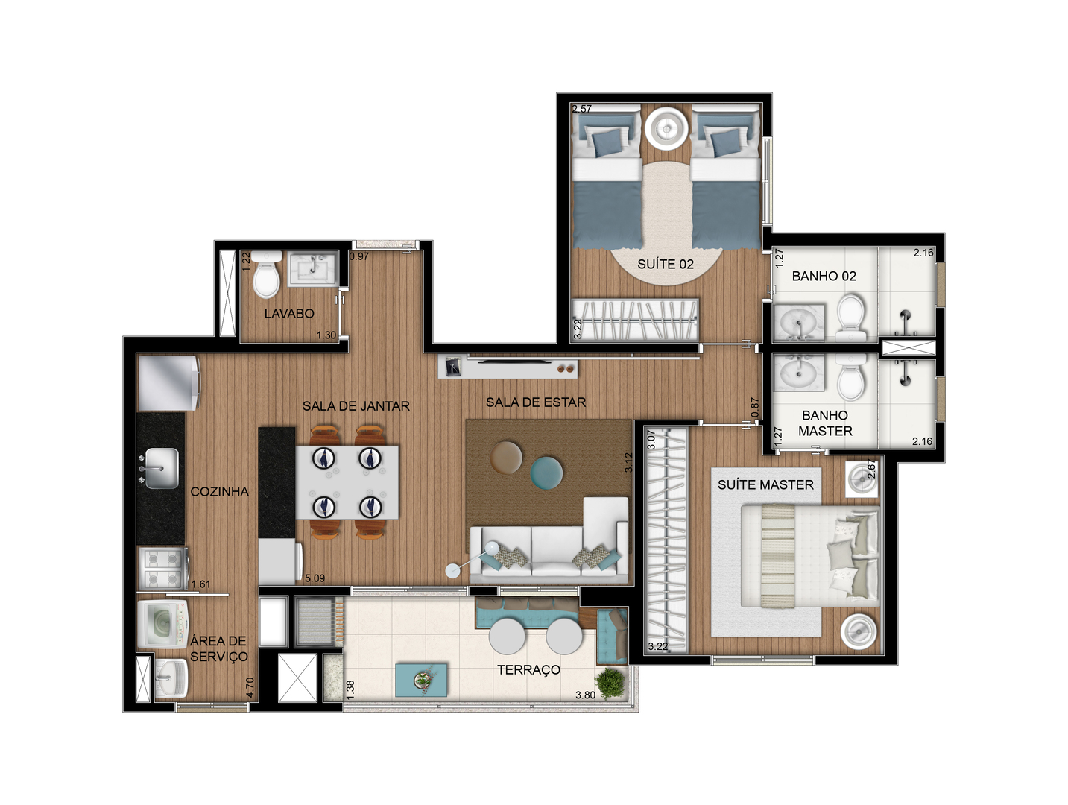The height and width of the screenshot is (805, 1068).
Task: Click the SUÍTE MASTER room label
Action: tap(765, 485)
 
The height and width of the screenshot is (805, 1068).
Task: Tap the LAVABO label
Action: tap(289, 314)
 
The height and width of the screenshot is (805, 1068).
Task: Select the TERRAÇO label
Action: tap(529, 670)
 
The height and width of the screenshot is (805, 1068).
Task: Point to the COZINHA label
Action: tap(219, 492)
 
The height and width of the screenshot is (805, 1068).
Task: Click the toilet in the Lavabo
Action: tap(266, 274)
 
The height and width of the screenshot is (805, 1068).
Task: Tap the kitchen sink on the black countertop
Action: tap(159, 468)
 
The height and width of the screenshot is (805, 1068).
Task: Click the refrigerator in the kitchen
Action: tap(169, 383)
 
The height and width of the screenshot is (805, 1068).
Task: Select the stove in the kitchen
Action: tap(162, 569)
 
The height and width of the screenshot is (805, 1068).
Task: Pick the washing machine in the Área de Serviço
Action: tap(162, 624)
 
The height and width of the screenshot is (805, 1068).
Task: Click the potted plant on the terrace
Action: tap(610, 683)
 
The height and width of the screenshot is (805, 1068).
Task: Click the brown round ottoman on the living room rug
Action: tap(506, 457)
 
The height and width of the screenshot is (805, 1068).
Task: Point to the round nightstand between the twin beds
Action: tap(666, 129)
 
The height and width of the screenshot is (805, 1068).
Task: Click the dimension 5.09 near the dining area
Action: tap(315, 578)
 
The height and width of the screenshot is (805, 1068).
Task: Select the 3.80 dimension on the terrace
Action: tap(585, 695)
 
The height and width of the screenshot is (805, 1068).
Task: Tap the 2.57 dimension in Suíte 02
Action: tap(582, 109)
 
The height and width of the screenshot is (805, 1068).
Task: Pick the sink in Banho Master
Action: tap(798, 373)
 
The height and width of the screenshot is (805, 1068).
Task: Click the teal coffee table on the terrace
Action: tap(421, 680)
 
